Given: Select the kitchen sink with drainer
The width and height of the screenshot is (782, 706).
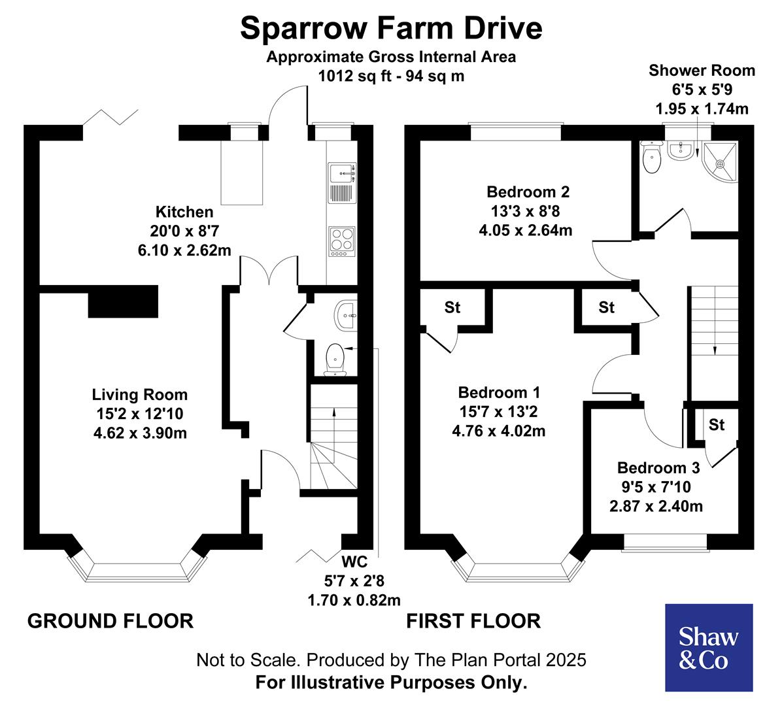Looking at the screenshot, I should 341,183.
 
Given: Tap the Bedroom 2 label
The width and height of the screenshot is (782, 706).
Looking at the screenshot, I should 528,192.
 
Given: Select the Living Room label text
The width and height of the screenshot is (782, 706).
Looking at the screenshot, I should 139,395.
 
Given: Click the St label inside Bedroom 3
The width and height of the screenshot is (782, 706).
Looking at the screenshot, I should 717,425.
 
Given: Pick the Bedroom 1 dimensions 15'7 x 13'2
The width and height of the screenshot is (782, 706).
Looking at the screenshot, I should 499,412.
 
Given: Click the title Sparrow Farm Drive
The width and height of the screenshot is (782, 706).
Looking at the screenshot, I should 391,28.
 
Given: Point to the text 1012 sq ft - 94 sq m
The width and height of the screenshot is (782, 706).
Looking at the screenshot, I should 391,76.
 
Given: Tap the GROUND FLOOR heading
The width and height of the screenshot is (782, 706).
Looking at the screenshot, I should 110,620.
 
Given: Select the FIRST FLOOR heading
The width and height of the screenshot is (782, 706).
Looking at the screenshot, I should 473,620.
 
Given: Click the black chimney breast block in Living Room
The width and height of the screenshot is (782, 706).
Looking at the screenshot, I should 123,301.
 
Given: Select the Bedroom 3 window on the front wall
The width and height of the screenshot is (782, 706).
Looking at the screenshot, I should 664,542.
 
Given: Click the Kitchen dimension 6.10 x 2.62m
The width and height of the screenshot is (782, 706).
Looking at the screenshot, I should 184,250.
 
